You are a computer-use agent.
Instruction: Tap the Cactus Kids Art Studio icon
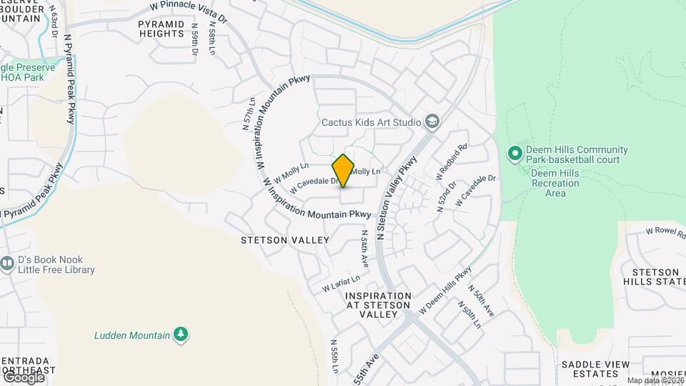coord(432,122)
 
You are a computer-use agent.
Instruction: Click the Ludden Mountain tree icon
coord(182,334)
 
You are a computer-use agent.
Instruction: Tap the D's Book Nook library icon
coord(8,264)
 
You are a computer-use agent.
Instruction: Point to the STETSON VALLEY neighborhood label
coord(286,240)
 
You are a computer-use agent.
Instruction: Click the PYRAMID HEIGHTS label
coord(161,29)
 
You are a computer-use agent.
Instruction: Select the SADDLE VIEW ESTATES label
coord(590,369)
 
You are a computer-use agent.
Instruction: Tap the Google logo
coord(24,376)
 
